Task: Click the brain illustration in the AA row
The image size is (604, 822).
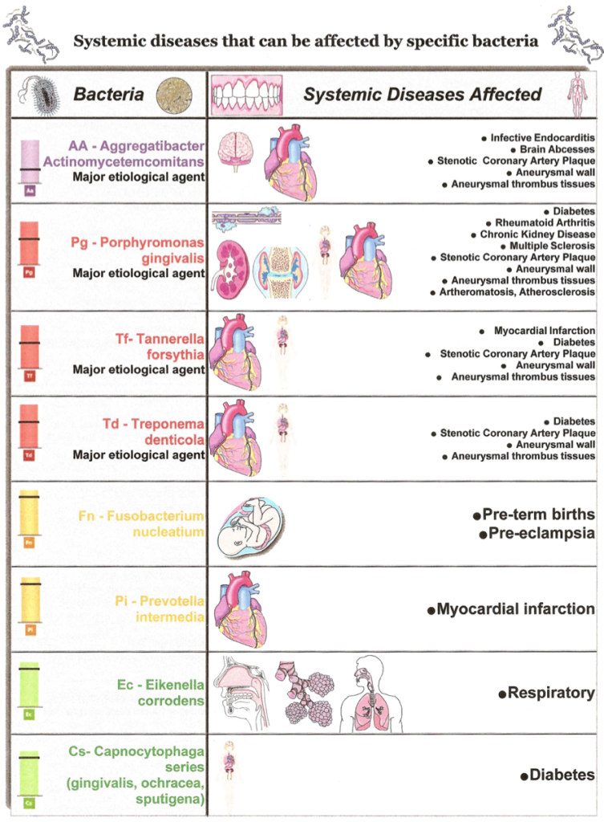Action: click(x=234, y=151)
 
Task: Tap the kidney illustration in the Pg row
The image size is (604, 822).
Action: click(x=230, y=269)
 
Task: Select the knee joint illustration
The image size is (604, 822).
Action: click(x=281, y=272)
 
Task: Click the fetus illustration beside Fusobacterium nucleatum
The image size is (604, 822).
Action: click(x=251, y=528)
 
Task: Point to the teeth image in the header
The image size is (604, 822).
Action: click(x=247, y=95)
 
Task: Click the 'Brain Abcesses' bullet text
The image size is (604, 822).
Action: click(x=557, y=149)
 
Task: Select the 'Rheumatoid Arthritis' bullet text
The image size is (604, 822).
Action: click(x=545, y=223)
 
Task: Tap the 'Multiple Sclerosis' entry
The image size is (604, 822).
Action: click(x=552, y=246)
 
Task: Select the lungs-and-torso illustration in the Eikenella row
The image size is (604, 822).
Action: click(x=372, y=693)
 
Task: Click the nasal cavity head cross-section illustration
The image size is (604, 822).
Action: click(x=244, y=692)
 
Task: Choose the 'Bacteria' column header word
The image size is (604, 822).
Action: click(x=108, y=95)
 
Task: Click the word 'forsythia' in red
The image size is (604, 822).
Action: click(x=175, y=354)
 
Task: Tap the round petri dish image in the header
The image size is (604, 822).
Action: click(x=174, y=96)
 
